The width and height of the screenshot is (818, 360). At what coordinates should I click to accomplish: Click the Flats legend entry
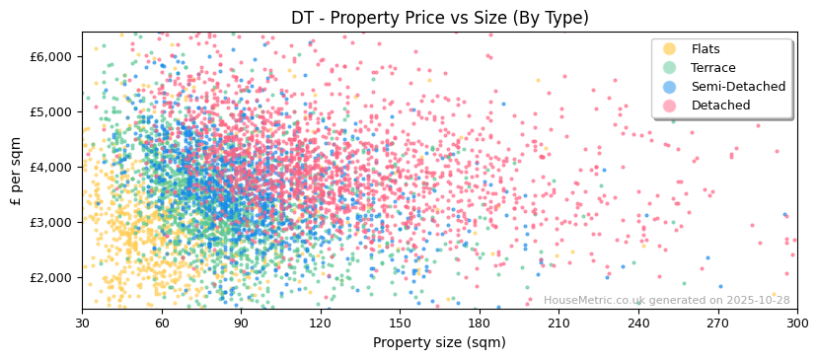click(706, 49)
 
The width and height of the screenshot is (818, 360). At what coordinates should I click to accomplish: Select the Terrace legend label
click(713, 68)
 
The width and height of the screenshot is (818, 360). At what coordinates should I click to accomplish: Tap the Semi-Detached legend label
click(738, 87)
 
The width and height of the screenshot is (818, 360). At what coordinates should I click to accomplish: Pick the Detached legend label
click(720, 106)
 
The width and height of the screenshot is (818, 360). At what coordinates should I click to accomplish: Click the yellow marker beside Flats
click(670, 49)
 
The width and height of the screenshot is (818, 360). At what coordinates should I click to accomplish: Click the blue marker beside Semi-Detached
click(670, 87)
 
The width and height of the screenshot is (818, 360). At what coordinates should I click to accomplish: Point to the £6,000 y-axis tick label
click(53, 57)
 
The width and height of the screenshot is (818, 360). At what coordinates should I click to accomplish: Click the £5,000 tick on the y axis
click(53, 112)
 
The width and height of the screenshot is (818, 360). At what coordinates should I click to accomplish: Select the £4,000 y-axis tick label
click(53, 168)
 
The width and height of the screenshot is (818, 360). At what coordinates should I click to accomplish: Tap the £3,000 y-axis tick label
click(53, 223)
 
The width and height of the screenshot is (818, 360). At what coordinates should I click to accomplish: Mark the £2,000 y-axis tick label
click(53, 278)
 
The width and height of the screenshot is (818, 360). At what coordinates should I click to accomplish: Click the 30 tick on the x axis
click(82, 324)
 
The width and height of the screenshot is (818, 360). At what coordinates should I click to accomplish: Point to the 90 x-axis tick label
click(241, 324)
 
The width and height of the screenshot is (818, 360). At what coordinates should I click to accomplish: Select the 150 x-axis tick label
click(400, 324)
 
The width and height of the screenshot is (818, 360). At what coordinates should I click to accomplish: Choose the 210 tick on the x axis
click(558, 324)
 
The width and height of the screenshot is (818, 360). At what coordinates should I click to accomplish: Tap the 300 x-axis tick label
click(796, 324)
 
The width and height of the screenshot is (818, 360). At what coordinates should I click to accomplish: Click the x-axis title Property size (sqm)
click(439, 342)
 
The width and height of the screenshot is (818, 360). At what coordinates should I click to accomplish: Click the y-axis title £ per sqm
click(16, 171)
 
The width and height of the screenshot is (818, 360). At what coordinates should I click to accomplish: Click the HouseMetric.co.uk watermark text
click(666, 300)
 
